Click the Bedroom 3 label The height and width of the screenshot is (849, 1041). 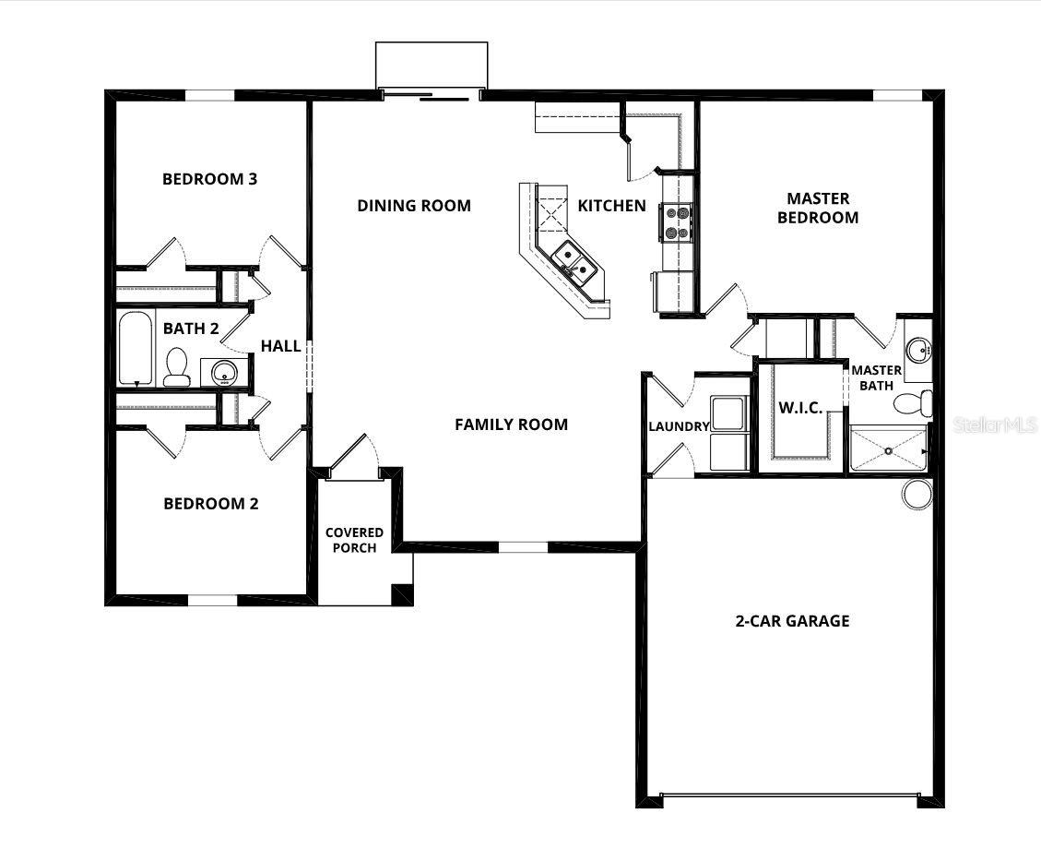[x=209, y=179]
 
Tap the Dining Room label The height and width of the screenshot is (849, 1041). [x=414, y=206]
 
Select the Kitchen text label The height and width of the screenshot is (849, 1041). [x=611, y=206]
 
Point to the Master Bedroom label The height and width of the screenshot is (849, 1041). [x=818, y=208]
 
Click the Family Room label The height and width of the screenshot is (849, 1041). [x=511, y=424]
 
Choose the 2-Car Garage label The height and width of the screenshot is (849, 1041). [x=792, y=621]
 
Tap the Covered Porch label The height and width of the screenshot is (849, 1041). [x=354, y=541]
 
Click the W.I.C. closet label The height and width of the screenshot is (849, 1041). [x=801, y=408]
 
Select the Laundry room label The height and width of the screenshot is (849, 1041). [x=679, y=426]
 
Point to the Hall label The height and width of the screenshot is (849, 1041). [x=280, y=346]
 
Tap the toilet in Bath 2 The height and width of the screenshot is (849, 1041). [x=176, y=366]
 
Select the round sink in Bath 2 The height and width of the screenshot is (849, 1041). [x=224, y=373]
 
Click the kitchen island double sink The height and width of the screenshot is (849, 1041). [x=574, y=259]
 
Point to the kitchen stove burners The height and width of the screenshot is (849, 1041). [x=676, y=222]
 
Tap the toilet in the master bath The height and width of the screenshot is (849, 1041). [x=917, y=402]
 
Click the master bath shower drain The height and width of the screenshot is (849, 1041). [x=888, y=451]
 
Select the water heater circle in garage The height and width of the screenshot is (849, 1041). [x=917, y=494]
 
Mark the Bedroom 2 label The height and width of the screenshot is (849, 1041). [x=210, y=504]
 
